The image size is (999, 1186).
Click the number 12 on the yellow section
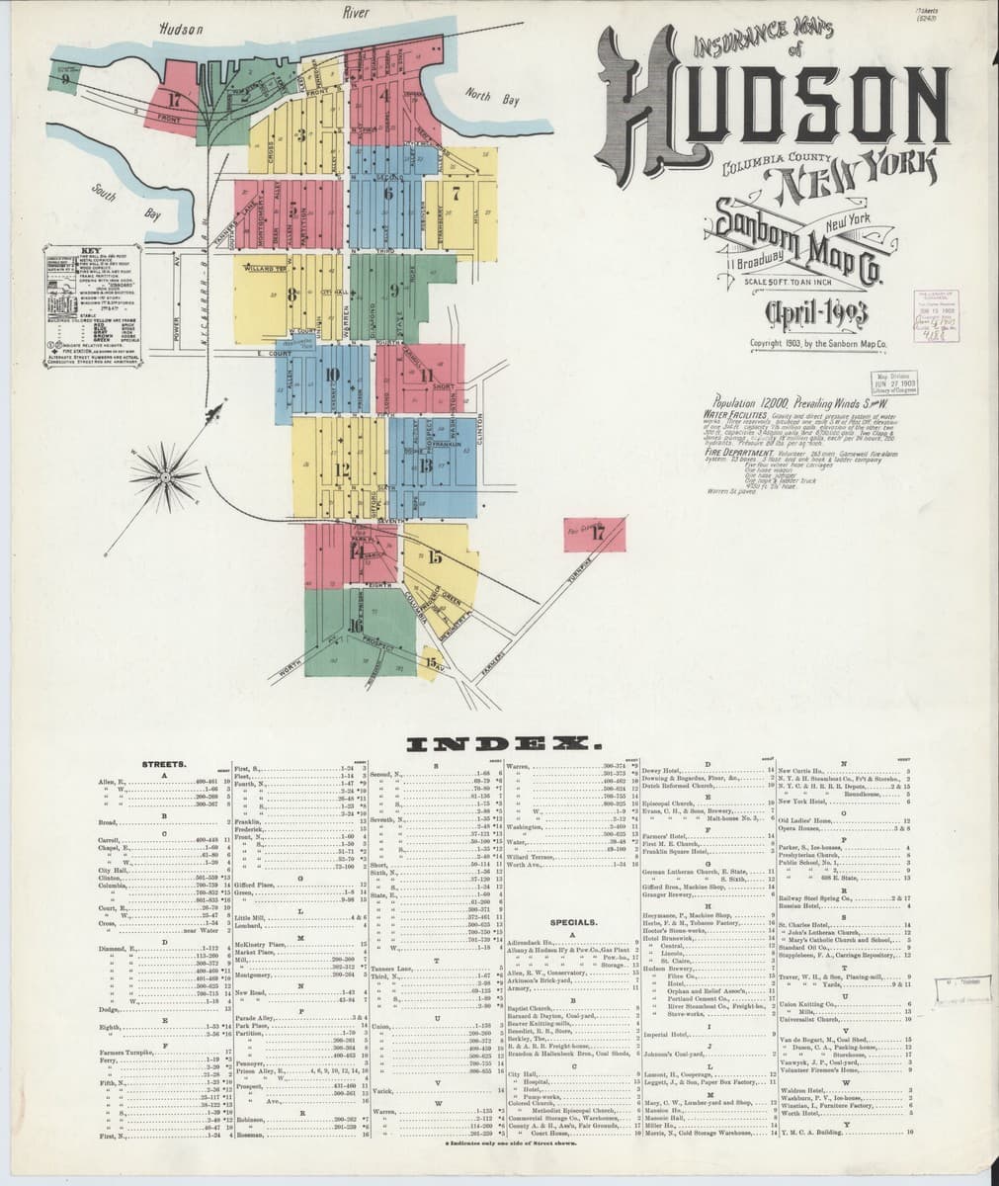coord(343,469)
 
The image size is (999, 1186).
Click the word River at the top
coord(355,13)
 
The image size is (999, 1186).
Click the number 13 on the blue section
coord(425,465)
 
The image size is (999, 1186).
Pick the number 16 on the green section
coord(356,625)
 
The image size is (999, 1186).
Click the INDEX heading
coord(500,742)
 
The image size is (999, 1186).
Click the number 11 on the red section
coord(427,375)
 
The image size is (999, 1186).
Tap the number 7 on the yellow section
coord(456,194)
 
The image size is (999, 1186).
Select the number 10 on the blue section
coord(332,375)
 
